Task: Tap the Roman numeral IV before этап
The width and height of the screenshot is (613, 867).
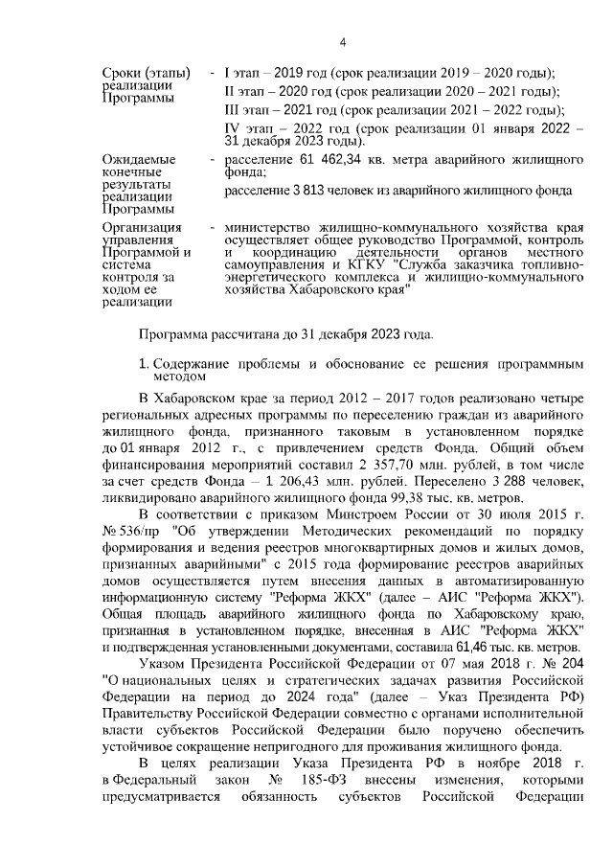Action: coord(232,127)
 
